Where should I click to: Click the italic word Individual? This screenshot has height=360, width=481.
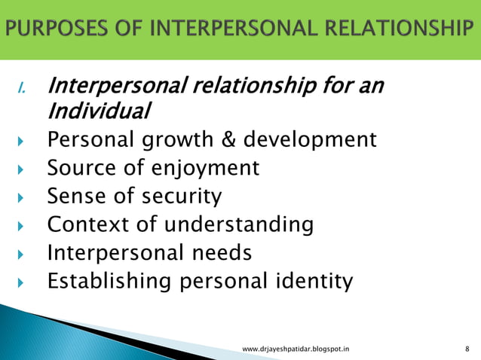pos(98,111)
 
